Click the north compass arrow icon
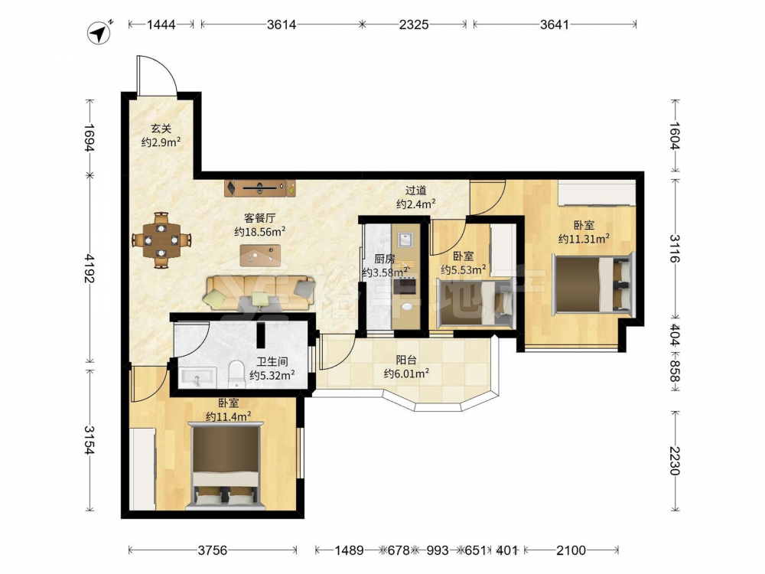tap(99, 33)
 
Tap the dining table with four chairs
tap(161, 240)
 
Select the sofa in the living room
tap(261, 293)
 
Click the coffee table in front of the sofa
tap(261, 256)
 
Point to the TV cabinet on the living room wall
tap(260, 188)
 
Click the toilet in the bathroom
tap(236, 374)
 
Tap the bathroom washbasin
tap(198, 377)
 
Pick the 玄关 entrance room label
tap(161, 129)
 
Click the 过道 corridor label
tap(416, 191)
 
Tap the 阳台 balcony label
tap(406, 360)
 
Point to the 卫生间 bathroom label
tap(272, 362)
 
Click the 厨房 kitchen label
tap(385, 259)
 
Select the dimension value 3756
tap(213, 550)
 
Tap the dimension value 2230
tap(675, 461)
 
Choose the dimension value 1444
tap(161, 24)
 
